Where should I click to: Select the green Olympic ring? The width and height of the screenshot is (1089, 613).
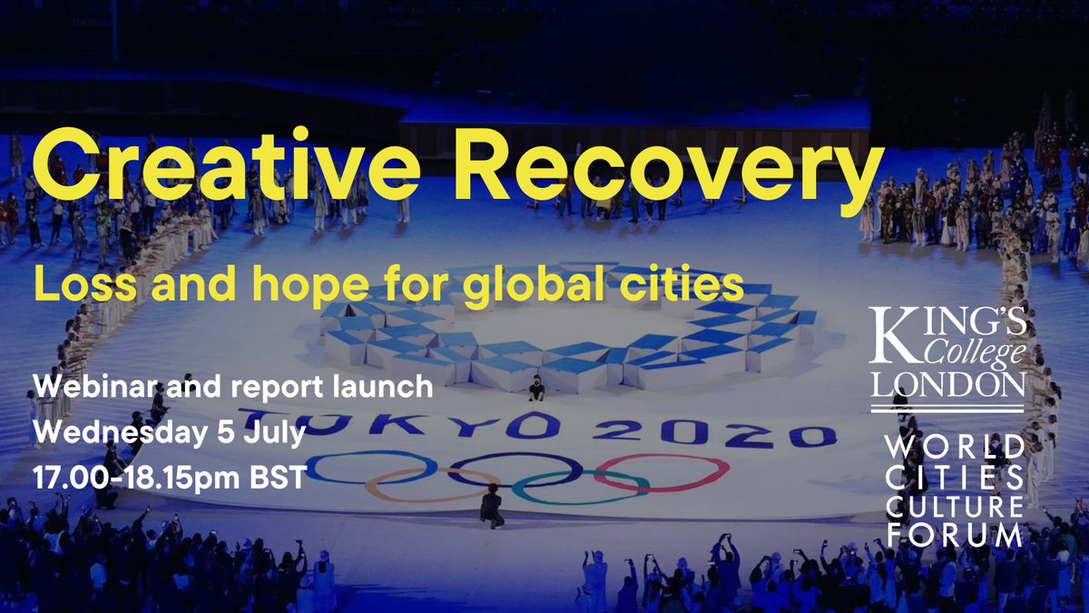pyautogui.click(x=581, y=487)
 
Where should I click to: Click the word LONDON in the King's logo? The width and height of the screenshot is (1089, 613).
pyautogui.click(x=947, y=384)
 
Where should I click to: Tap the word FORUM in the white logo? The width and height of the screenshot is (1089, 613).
pyautogui.click(x=953, y=534)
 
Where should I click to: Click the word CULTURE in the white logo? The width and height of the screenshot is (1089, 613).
pyautogui.click(x=953, y=504)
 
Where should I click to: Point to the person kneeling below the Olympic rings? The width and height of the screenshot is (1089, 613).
pyautogui.click(x=493, y=506)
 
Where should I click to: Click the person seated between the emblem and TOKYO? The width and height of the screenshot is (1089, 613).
pyautogui.click(x=536, y=388)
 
